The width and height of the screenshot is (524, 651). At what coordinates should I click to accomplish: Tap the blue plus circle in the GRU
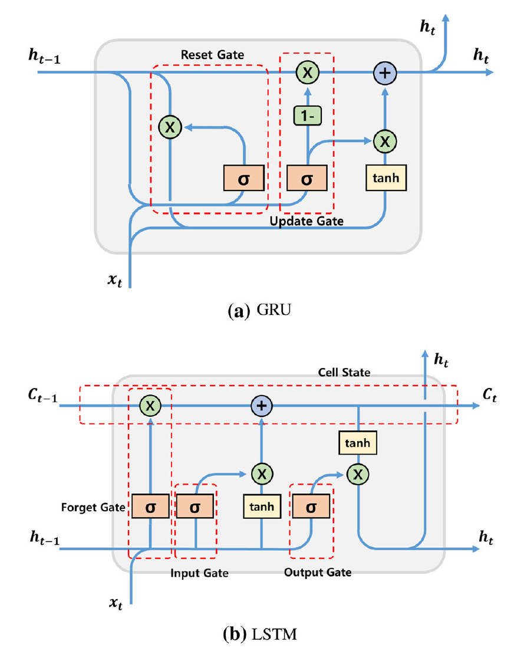tap(385, 73)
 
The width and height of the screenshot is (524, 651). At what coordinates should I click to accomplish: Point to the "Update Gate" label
tap(306, 221)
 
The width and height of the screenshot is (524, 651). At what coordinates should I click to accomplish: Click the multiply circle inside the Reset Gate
tap(170, 126)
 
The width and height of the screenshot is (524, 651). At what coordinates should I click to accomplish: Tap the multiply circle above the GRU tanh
tap(385, 141)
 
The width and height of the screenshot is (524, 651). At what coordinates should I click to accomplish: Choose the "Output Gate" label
tap(317, 572)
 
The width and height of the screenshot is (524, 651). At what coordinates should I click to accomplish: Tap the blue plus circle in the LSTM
tap(261, 405)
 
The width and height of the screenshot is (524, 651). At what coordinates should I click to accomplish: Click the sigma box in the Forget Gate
tap(150, 507)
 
